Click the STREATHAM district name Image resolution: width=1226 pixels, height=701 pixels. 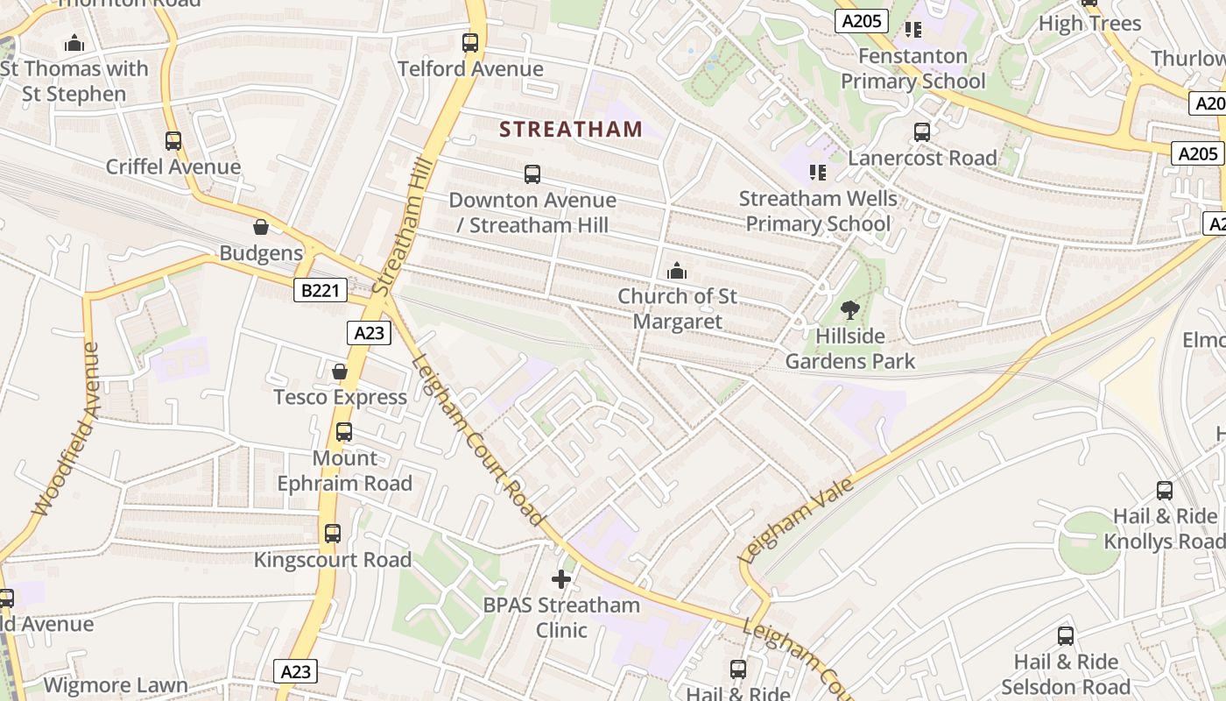click(x=571, y=130)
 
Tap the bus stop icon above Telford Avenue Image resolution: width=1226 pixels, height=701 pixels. click(x=470, y=43)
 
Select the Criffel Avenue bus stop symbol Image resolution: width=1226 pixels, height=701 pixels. click(x=173, y=141)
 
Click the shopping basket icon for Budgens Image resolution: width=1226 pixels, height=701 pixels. click(x=261, y=228)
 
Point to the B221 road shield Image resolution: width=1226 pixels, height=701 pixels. click(x=320, y=290)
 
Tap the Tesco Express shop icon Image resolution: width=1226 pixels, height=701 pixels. click(x=340, y=372)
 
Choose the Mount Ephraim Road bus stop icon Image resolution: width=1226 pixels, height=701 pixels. click(x=344, y=432)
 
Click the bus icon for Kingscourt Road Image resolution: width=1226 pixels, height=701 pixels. click(x=332, y=534)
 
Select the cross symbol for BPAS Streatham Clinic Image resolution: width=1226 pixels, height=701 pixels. click(x=561, y=579)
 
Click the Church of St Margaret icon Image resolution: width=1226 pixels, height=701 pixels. click(x=677, y=272)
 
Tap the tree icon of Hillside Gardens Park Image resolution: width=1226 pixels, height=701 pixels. click(x=849, y=309)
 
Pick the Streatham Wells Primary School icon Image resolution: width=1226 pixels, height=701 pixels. click(x=817, y=173)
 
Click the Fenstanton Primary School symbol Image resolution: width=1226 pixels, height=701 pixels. click(x=913, y=30)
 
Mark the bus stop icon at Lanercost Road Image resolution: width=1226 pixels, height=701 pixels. click(x=922, y=132)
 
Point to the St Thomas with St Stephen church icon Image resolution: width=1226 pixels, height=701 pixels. click(x=74, y=43)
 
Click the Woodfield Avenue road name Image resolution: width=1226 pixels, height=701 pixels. click(x=67, y=429)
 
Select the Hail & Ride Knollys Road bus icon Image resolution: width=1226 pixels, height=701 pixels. click(x=1165, y=491)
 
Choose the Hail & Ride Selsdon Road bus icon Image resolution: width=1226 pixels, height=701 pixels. click(x=1066, y=636)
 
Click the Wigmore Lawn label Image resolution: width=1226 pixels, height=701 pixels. click(x=116, y=685)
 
